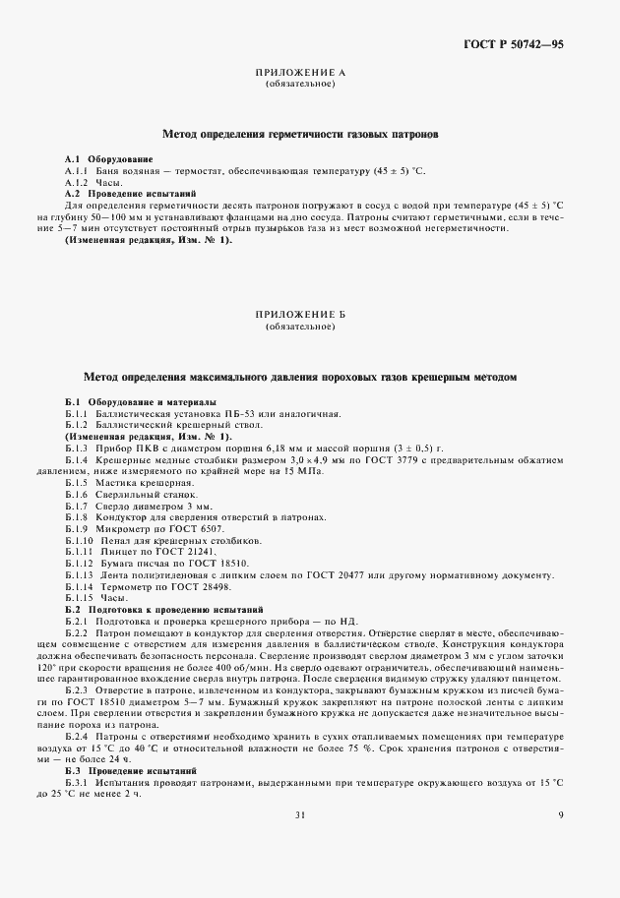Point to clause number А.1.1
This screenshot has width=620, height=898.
[78, 171]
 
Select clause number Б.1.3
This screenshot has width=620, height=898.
[78, 449]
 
